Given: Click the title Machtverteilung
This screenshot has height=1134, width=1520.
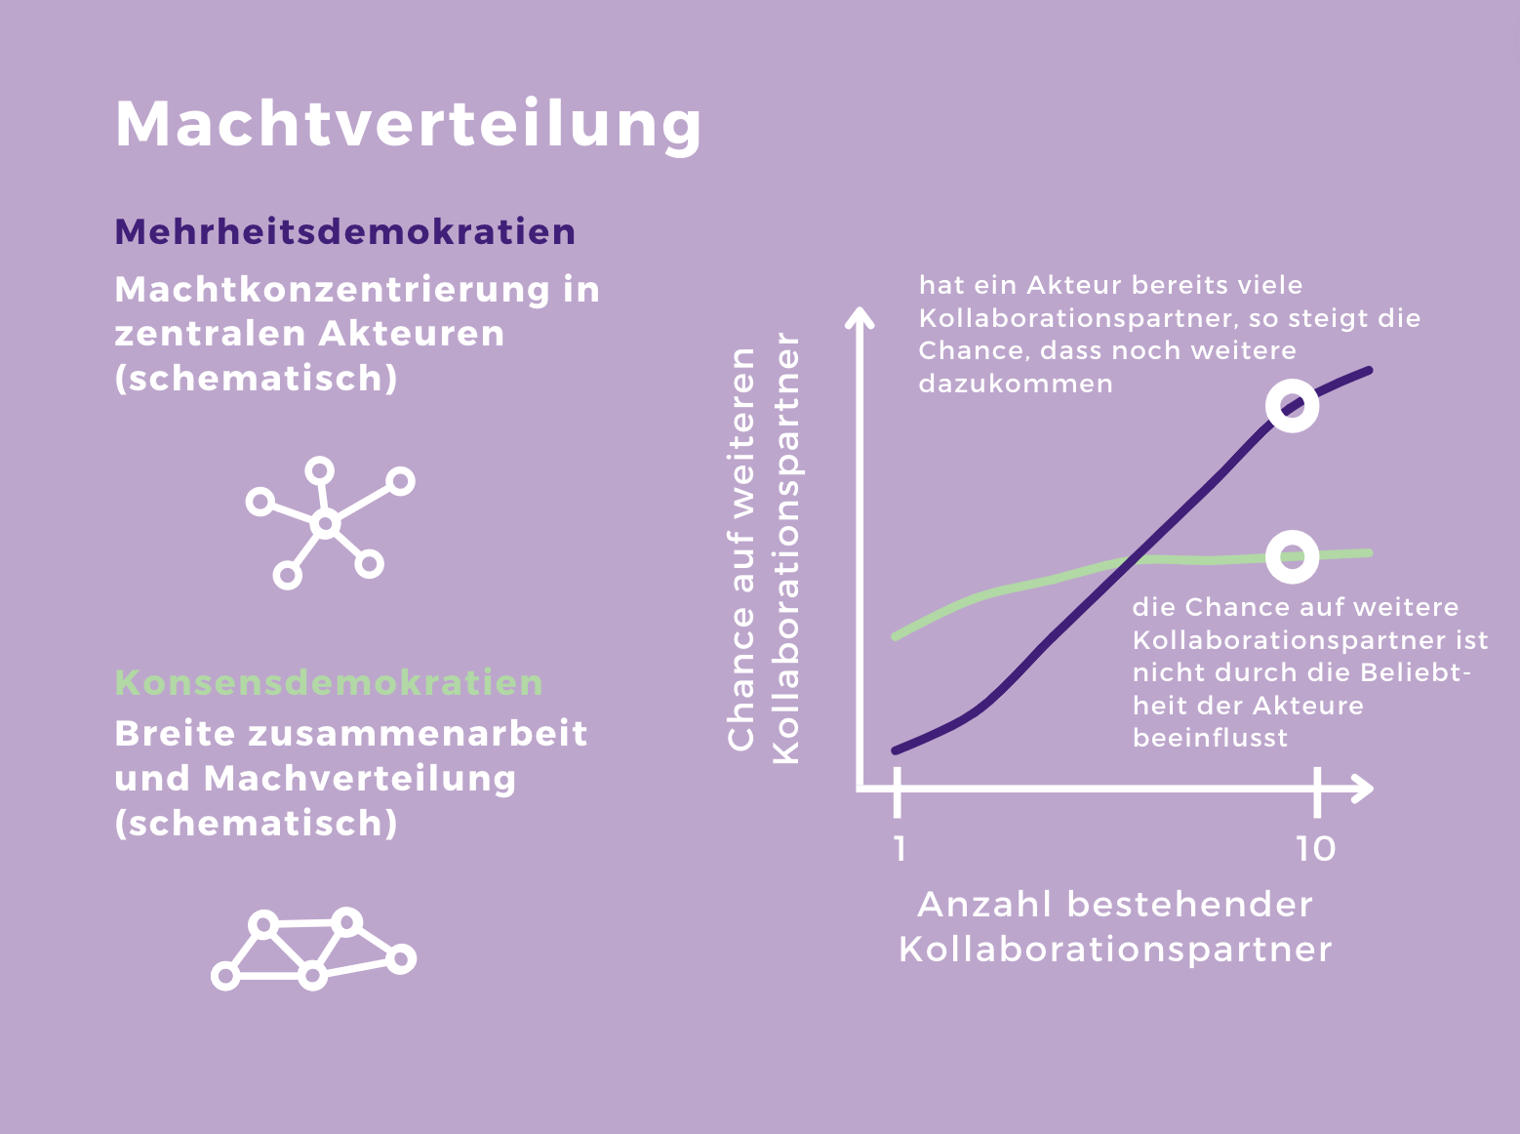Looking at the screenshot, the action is [409, 126].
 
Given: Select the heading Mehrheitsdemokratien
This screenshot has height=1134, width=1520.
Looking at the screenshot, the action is [344, 232].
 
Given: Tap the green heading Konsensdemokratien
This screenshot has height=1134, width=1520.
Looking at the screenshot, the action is [329, 683].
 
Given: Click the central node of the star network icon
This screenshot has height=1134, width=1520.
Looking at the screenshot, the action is [325, 525].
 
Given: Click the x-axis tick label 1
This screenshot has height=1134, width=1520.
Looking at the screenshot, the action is [899, 849].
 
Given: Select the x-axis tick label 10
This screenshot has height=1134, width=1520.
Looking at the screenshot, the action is [1315, 849].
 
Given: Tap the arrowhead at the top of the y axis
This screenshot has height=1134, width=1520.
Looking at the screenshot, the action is [860, 316].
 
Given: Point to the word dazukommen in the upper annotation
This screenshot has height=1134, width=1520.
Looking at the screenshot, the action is [1016, 384].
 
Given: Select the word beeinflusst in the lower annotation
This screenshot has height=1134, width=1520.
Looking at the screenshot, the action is [1210, 738].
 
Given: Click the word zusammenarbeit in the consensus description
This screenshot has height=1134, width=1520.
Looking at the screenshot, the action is [418, 734].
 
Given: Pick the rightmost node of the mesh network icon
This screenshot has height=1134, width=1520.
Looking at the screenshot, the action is [401, 959].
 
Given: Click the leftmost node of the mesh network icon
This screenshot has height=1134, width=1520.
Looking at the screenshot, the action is [225, 976].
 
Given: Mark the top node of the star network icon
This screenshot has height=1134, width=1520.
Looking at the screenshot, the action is [319, 471].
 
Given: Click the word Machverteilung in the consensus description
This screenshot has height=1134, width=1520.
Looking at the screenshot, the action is [359, 780].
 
